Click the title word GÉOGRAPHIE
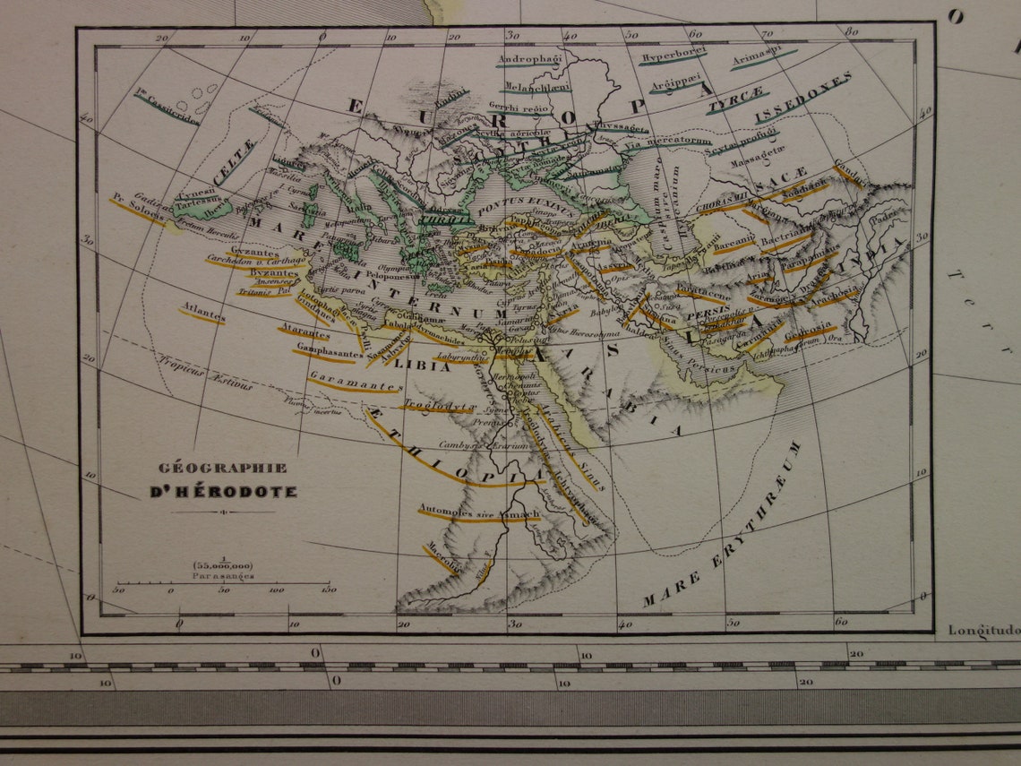click(x=223, y=468)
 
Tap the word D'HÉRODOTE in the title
click(x=223, y=492)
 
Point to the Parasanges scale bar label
click(x=223, y=576)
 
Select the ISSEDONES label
click(x=802, y=99)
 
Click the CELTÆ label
click(x=236, y=161)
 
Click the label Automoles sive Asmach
click(x=478, y=513)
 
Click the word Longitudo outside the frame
click(x=983, y=630)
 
